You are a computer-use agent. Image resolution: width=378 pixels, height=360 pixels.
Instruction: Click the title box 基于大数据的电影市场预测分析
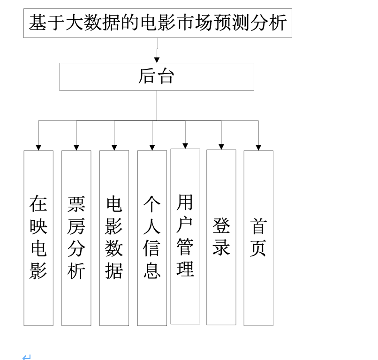click(158, 23)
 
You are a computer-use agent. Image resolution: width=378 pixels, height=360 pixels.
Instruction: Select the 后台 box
click(157, 77)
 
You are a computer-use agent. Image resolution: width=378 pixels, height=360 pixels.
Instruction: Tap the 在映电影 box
click(38, 238)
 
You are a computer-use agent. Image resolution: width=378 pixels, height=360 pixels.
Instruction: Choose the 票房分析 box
click(76, 238)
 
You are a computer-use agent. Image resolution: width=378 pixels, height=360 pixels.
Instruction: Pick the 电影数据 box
click(114, 238)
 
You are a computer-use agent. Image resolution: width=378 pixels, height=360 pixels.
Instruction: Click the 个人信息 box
click(152, 238)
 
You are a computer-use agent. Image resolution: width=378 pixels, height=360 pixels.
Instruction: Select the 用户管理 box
click(185, 236)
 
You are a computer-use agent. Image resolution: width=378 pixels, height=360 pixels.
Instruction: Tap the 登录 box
click(221, 237)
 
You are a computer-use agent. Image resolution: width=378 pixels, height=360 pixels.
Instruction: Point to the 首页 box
click(258, 238)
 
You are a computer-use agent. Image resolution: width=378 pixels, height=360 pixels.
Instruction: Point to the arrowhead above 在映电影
click(38, 148)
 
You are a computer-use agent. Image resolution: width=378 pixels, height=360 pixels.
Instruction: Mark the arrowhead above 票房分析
click(76, 148)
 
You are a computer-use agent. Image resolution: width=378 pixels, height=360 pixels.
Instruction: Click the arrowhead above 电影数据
click(114, 148)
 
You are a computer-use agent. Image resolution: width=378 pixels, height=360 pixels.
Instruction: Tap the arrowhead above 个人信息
click(152, 148)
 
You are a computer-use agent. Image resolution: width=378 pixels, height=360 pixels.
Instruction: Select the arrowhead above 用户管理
click(185, 146)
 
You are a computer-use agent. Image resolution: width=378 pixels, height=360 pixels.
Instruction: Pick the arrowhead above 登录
click(221, 147)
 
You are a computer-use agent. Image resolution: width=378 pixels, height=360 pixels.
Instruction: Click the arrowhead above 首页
click(258, 148)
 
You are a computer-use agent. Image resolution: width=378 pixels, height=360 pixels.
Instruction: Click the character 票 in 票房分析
click(76, 204)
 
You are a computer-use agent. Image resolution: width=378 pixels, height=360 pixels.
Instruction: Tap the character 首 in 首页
click(258, 226)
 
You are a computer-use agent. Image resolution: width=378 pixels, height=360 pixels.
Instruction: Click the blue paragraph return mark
click(27, 357)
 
